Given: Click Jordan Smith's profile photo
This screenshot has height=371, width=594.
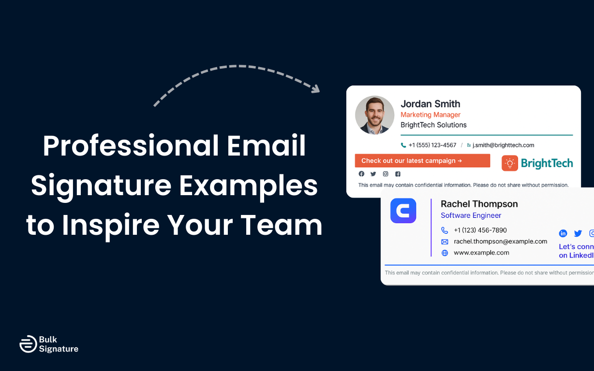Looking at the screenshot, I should [x=374, y=115].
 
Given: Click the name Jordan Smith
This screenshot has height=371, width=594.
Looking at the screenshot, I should [x=430, y=104].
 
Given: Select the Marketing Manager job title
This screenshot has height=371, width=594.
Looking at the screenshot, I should [x=430, y=115].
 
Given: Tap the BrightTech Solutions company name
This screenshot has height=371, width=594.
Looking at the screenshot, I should [x=433, y=125].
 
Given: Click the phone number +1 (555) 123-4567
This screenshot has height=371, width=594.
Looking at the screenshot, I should [x=432, y=145].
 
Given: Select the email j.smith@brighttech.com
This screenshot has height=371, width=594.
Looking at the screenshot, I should [x=503, y=145].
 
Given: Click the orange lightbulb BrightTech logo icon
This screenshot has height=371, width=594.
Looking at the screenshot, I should [x=510, y=163].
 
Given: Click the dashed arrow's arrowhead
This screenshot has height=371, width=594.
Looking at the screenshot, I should [x=315, y=89].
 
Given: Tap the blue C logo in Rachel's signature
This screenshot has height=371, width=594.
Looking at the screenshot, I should [x=403, y=211].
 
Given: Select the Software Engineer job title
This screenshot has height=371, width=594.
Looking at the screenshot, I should [x=471, y=215].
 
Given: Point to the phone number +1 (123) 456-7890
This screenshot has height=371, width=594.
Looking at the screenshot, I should [x=480, y=230].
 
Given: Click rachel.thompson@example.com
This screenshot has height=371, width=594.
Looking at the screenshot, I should [x=500, y=241].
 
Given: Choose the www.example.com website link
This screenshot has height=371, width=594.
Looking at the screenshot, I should [x=481, y=253].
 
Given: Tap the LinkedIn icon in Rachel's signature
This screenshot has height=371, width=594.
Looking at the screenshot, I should [x=563, y=233].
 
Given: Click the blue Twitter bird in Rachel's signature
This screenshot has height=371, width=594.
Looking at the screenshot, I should [x=578, y=233].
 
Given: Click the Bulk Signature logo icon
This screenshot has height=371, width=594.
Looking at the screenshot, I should [x=28, y=344].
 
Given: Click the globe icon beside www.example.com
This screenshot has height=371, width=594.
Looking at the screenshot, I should [x=445, y=253].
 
